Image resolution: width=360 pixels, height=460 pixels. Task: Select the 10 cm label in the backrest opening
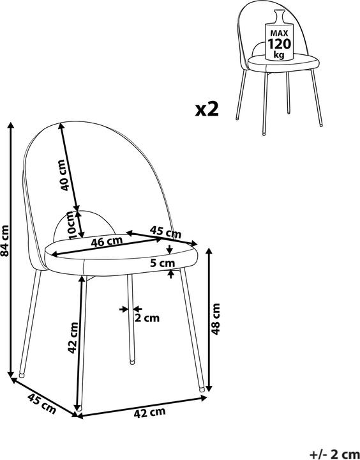(x=72, y=225)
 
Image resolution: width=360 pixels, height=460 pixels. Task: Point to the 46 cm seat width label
(x=106, y=241)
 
